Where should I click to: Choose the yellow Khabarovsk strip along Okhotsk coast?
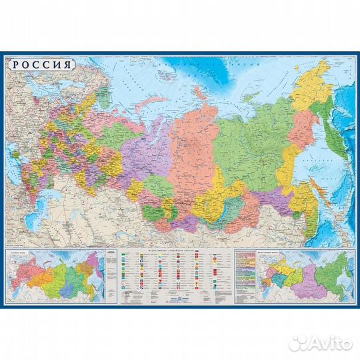[x=293, y=167]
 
